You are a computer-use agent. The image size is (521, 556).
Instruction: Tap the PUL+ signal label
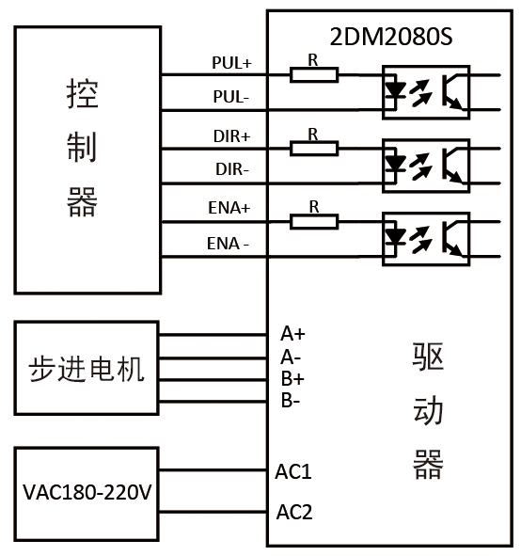tap(231, 63)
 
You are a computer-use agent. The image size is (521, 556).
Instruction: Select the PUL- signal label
tap(230, 97)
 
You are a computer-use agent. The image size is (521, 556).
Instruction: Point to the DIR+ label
tap(231, 135)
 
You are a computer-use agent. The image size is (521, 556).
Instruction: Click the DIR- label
tap(230, 169)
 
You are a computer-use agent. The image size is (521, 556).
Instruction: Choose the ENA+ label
tap(229, 207)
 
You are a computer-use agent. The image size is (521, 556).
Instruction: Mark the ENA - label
tap(229, 245)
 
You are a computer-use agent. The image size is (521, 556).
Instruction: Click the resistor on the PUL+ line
tap(314, 73)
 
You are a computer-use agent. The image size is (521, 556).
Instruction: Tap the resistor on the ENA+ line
tap(314, 222)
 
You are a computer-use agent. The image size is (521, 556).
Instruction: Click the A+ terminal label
tap(292, 334)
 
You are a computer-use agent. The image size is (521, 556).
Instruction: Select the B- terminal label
tap(291, 401)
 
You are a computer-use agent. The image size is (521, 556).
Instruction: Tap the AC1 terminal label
tap(293, 470)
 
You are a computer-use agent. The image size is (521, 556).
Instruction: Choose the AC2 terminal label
tap(293, 513)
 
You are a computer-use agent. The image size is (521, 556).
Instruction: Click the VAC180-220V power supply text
tap(87, 493)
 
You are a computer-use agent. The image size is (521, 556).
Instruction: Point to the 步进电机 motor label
tap(87, 369)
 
